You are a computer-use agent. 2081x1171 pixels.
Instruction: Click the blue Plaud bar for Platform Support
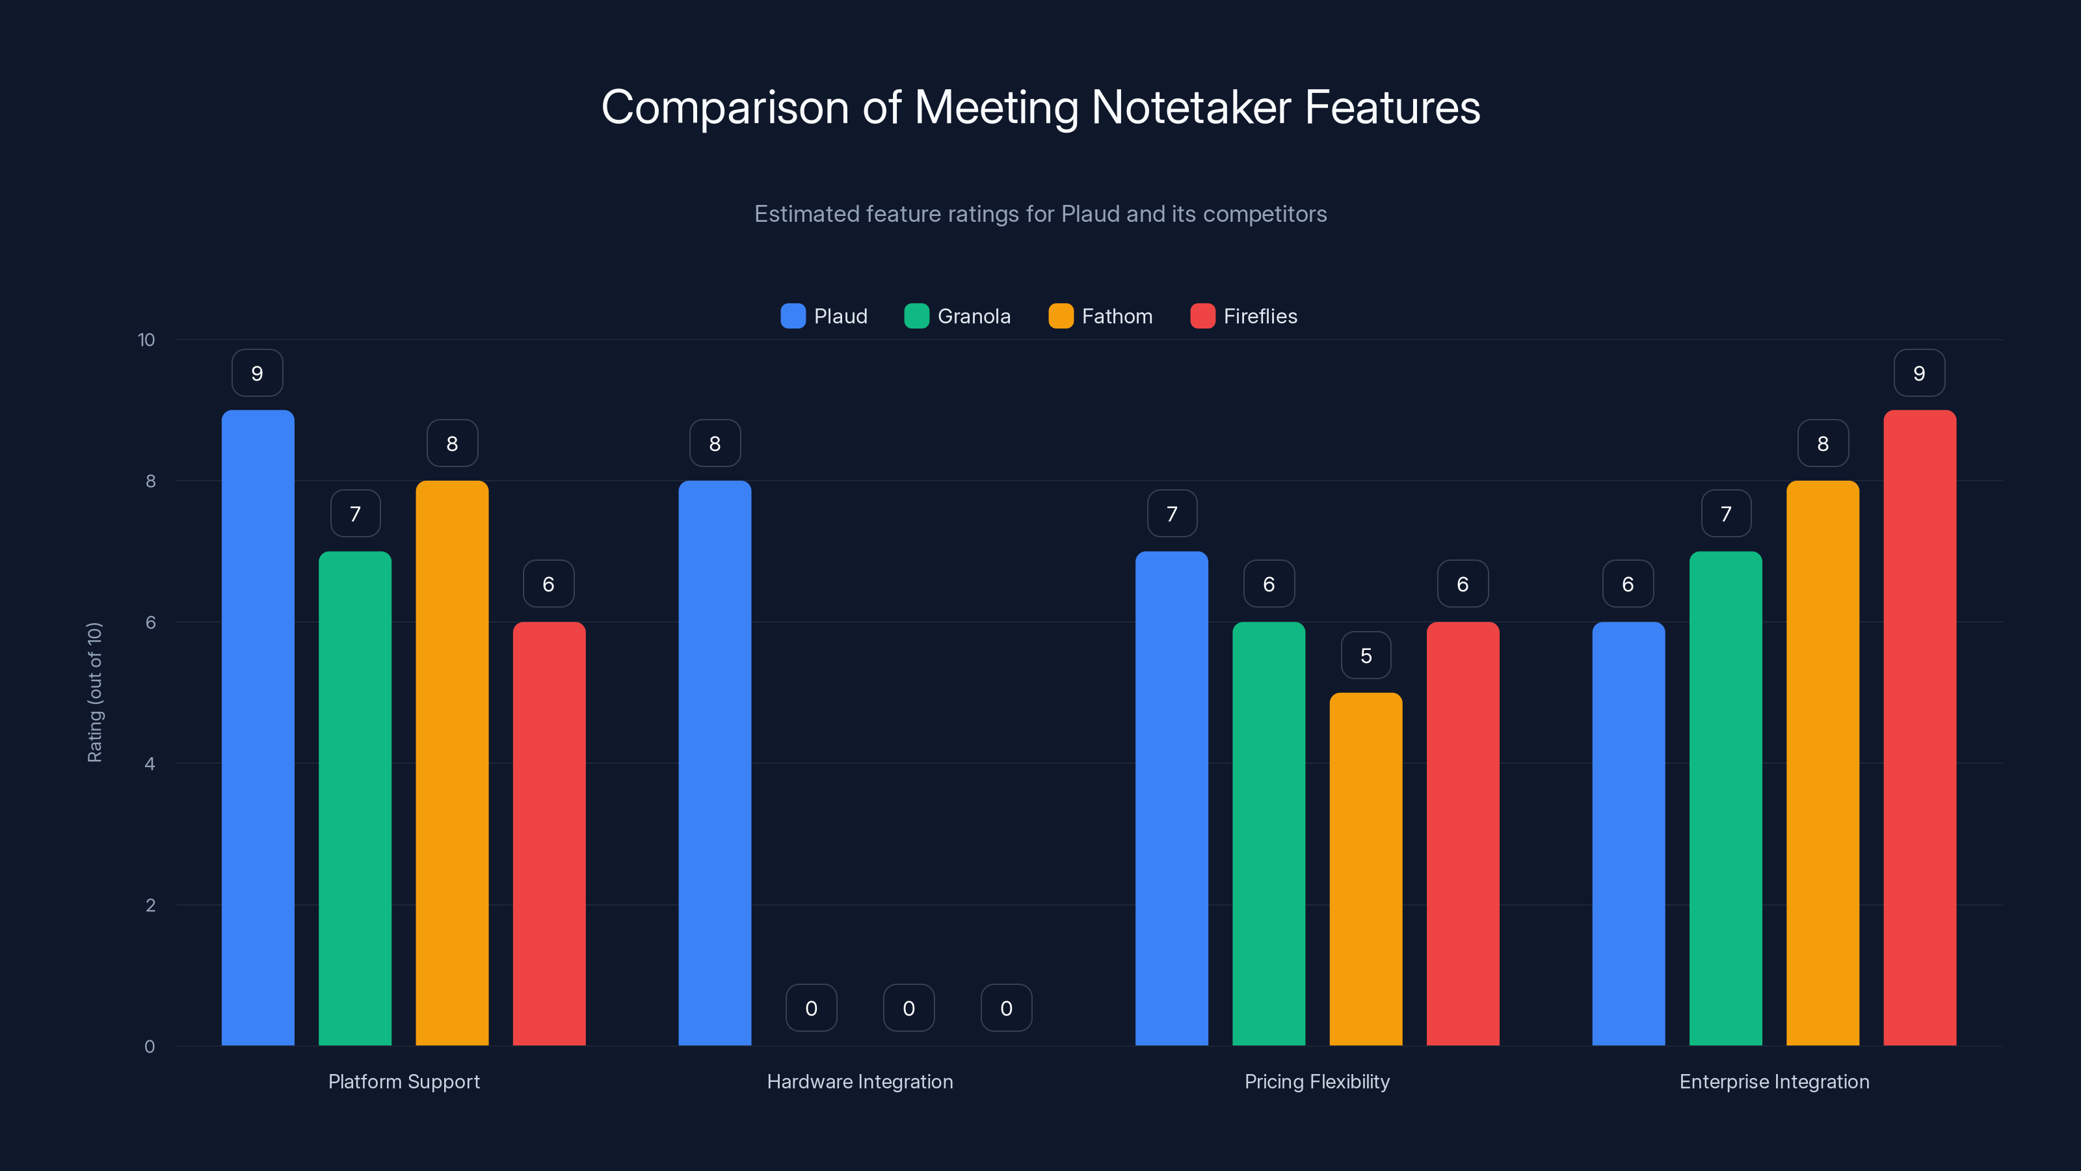[258, 727]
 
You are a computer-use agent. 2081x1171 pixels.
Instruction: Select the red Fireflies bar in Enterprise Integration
[1920, 727]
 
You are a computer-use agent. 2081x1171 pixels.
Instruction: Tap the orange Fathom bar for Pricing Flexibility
[1365, 868]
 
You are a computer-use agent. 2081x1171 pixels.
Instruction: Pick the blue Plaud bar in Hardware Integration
[714, 763]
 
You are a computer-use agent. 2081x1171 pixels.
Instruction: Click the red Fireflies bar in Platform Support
[548, 833]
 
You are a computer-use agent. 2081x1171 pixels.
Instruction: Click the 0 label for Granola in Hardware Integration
[811, 1008]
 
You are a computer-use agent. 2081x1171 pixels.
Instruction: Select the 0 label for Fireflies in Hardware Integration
[1006, 1008]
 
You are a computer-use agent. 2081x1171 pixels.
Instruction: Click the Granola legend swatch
[916, 316]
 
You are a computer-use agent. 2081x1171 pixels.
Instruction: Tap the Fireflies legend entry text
[1260, 316]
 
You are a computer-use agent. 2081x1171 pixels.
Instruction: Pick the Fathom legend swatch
[1060, 316]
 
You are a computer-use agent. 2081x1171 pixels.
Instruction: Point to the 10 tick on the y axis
[146, 340]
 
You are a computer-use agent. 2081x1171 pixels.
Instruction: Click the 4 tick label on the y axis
[150, 764]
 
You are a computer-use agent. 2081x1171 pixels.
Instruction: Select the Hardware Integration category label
[860, 1081]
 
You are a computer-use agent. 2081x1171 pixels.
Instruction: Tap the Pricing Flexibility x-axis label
[1317, 1081]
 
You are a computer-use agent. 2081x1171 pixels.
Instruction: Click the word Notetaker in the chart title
[1191, 107]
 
